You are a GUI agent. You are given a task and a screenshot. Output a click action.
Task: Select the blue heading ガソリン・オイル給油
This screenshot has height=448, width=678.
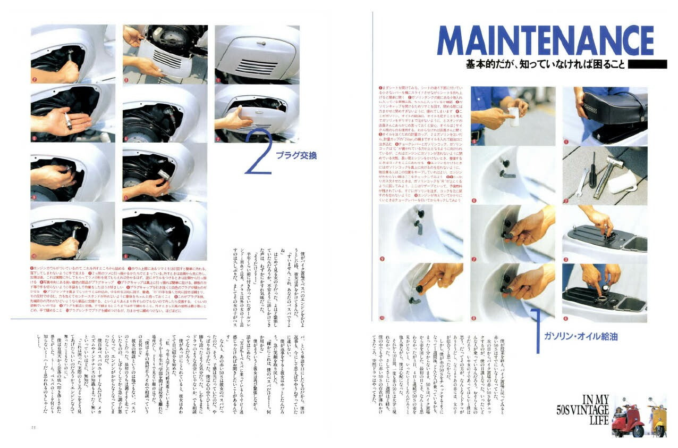tap(580, 336)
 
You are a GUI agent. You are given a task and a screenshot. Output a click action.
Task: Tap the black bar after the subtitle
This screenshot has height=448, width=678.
tap(647, 64)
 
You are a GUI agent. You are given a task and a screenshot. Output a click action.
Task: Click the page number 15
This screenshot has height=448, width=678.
tap(34, 426)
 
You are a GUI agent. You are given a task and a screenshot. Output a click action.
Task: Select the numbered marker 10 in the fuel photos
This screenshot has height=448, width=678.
tap(382, 318)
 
